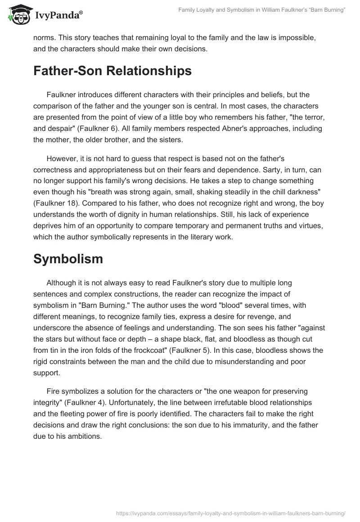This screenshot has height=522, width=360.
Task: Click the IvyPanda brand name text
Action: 58,15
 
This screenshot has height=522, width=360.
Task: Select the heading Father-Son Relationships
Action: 112,71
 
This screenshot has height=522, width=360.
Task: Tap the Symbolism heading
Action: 68,259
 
